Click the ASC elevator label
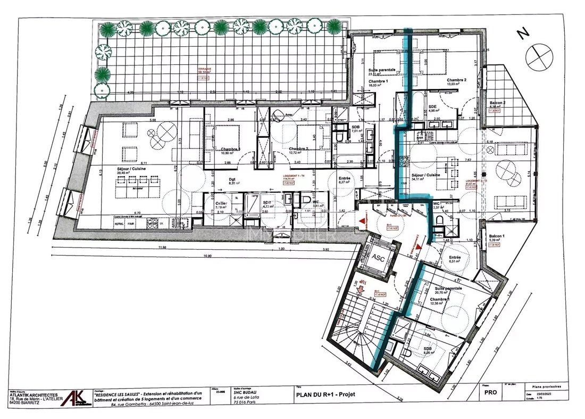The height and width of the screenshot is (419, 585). pyautogui.click(x=378, y=257)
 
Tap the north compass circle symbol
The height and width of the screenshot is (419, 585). pyautogui.click(x=539, y=53)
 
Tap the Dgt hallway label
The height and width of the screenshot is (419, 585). pyautogui.click(x=231, y=179)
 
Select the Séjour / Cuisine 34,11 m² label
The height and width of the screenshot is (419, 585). pyautogui.click(x=426, y=175)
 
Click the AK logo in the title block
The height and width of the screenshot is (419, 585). pyautogui.click(x=74, y=398)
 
